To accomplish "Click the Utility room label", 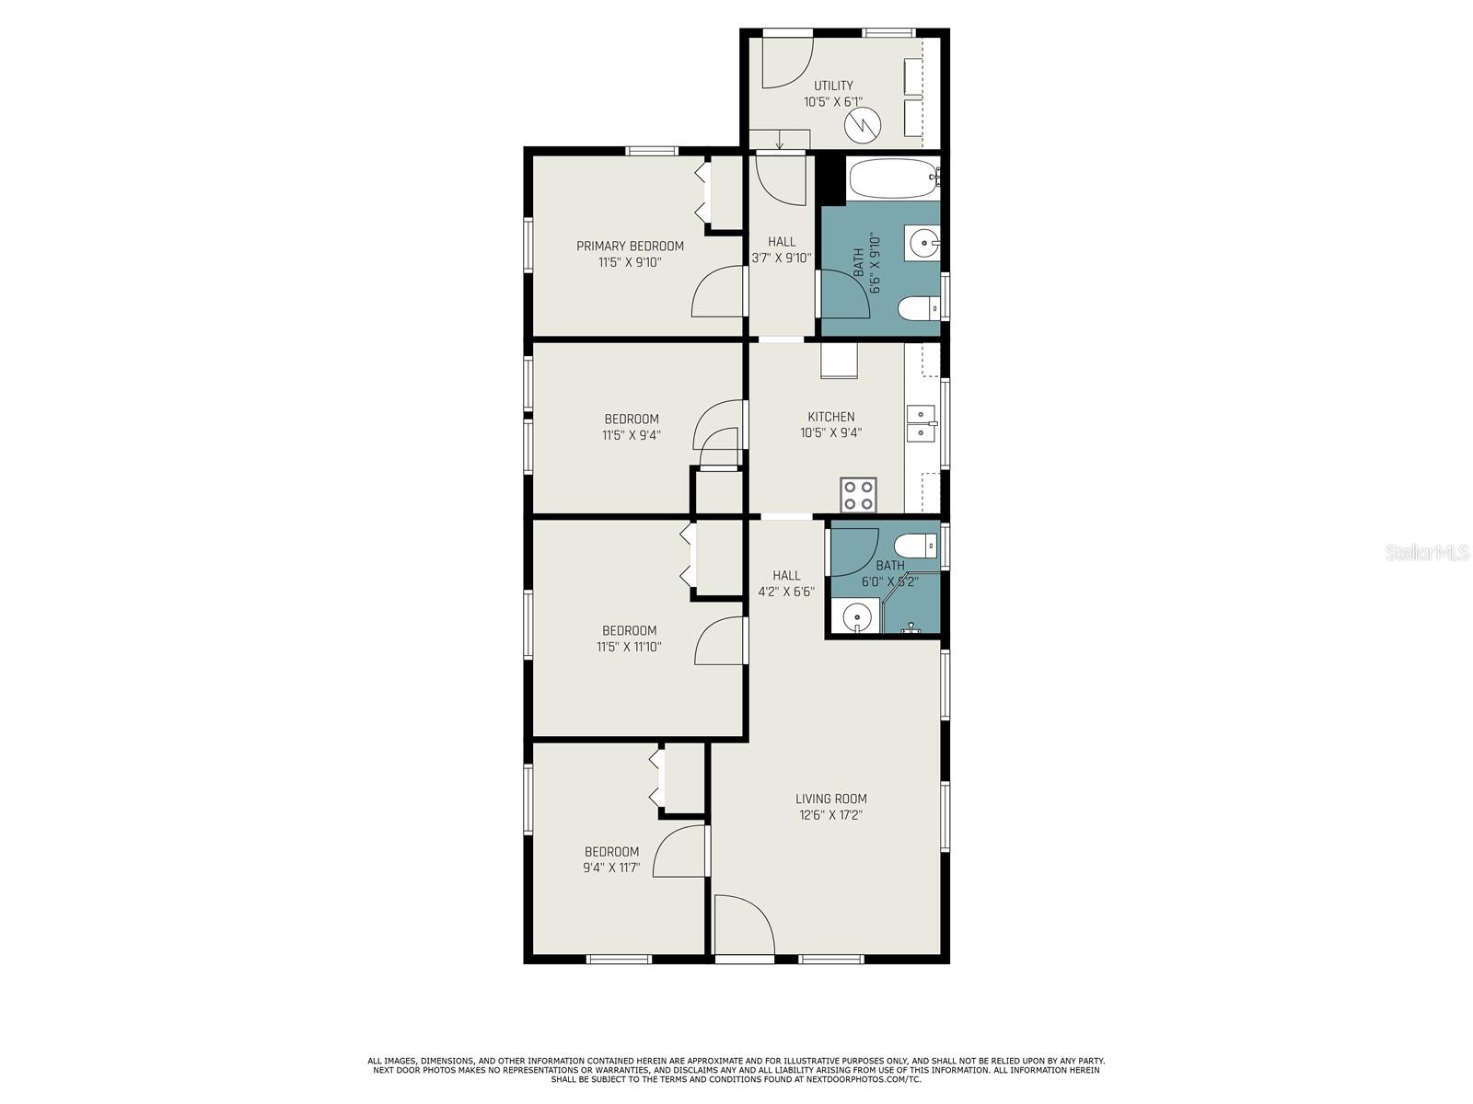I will pos(833,86).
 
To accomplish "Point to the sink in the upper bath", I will pos(922,244).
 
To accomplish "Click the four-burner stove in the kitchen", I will pos(859,495).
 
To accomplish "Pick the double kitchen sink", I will pos(921,423).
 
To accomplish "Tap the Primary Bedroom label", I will pos(630,246).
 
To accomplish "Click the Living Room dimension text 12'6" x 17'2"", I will pos(831,815).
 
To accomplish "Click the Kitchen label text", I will pos(831,417).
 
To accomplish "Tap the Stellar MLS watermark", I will pos(1427,553).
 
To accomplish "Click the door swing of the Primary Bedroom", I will pos(719,291).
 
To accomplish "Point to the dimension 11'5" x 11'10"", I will pos(629,647).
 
